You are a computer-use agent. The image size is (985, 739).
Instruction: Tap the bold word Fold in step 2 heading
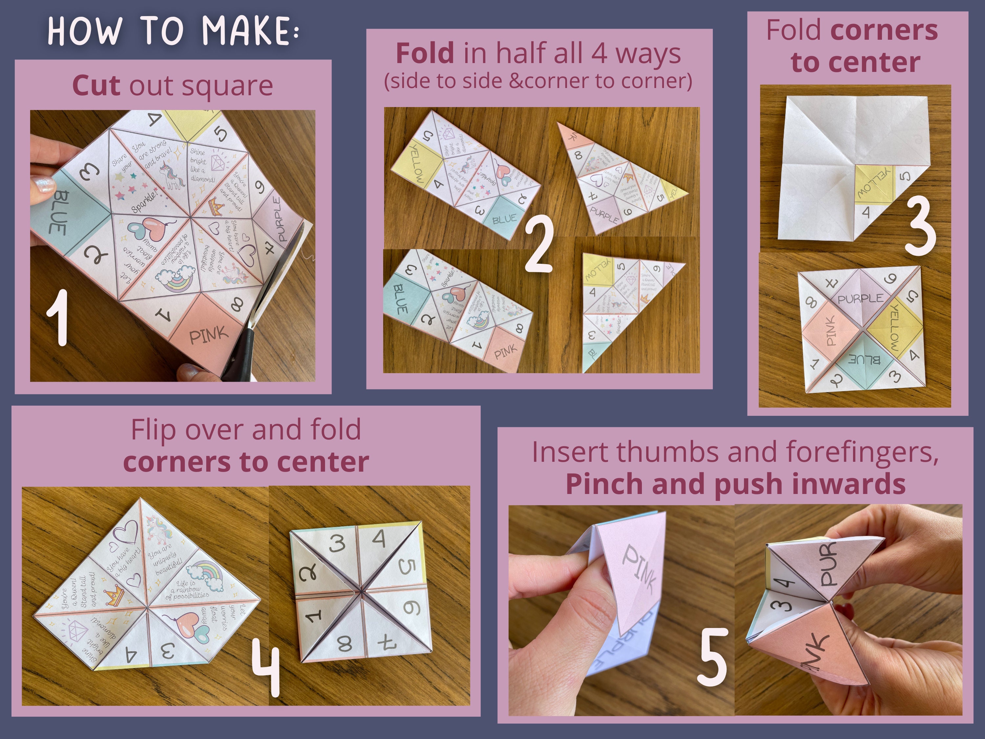425,54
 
